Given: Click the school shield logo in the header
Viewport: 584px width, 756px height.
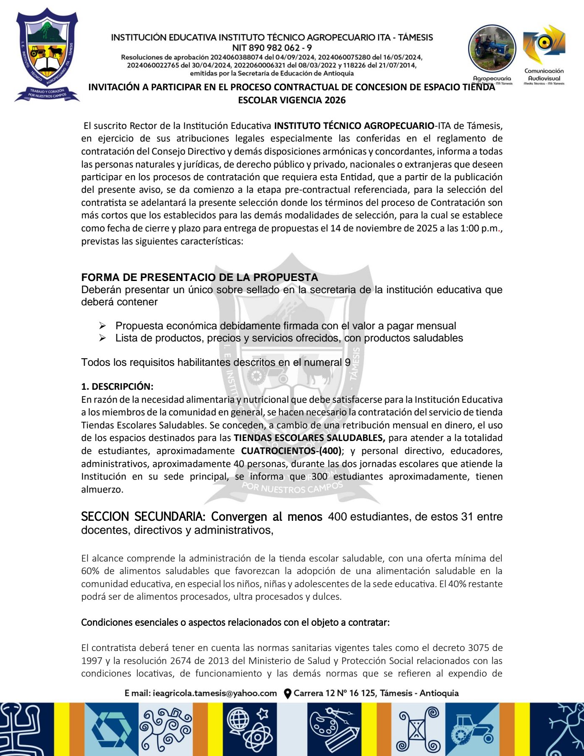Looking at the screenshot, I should pyautogui.click(x=47, y=55).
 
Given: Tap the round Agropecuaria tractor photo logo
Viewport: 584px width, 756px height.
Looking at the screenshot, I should pyautogui.click(x=492, y=49).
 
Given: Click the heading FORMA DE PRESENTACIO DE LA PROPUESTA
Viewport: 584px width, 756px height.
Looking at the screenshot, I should pyautogui.click(x=199, y=278).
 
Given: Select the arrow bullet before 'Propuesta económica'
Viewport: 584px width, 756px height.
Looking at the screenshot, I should pyautogui.click(x=102, y=326).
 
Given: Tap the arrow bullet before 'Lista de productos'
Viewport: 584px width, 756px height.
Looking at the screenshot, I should pyautogui.click(x=102, y=338).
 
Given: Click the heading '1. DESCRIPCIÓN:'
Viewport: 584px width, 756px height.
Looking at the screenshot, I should pyautogui.click(x=117, y=386).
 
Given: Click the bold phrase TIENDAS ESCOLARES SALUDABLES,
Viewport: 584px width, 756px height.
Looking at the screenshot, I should pyautogui.click(x=309, y=438).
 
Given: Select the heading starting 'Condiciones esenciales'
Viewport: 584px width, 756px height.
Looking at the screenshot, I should pyautogui.click(x=235, y=622).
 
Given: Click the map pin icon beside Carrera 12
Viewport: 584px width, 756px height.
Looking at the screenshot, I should pyautogui.click(x=288, y=694).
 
